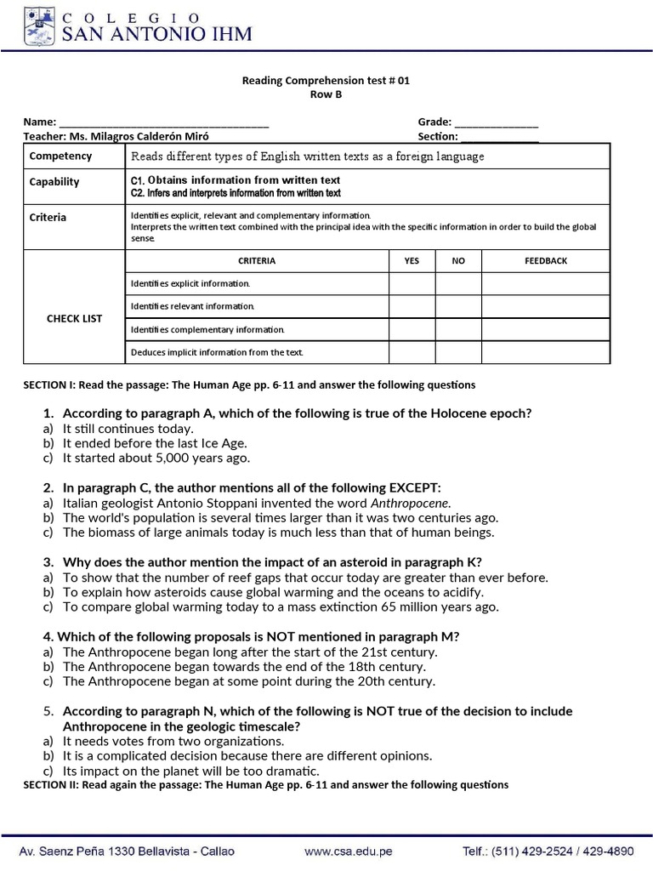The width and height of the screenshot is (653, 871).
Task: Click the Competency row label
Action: pyautogui.click(x=60, y=157)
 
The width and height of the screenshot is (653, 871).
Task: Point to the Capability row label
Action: pyautogui.click(x=54, y=182)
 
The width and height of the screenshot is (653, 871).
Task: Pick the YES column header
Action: pyautogui.click(x=411, y=261)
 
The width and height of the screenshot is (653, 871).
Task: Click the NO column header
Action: pyautogui.click(x=458, y=261)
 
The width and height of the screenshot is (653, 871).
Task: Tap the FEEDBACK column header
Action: pyautogui.click(x=546, y=261)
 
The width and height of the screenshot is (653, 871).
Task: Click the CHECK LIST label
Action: pyautogui.click(x=74, y=318)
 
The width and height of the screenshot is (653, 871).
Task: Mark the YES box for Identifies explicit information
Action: pyautogui.click(x=411, y=283)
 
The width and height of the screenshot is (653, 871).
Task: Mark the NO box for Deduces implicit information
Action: pyautogui.click(x=458, y=352)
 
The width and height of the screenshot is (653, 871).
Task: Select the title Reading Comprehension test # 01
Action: pyautogui.click(x=326, y=82)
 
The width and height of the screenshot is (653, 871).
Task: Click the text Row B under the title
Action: pyautogui.click(x=326, y=95)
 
